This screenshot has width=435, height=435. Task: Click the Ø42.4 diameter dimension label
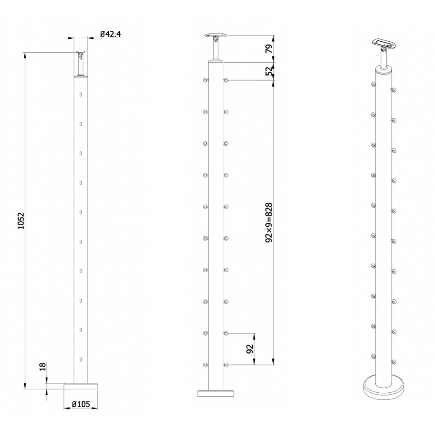[x=110, y=33]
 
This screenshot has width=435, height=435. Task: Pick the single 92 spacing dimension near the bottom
[x=250, y=349]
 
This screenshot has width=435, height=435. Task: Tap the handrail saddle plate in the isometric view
[x=383, y=43]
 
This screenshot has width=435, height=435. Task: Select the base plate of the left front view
[x=81, y=385]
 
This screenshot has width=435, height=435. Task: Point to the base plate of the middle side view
[x=216, y=393]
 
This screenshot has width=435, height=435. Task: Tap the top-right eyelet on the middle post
[x=227, y=80]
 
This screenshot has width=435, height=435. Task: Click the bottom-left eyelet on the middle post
[x=205, y=365]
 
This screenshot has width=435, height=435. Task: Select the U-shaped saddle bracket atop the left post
[x=81, y=55]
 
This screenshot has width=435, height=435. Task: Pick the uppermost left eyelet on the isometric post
[x=373, y=84]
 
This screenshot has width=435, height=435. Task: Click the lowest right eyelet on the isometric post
[x=394, y=361]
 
